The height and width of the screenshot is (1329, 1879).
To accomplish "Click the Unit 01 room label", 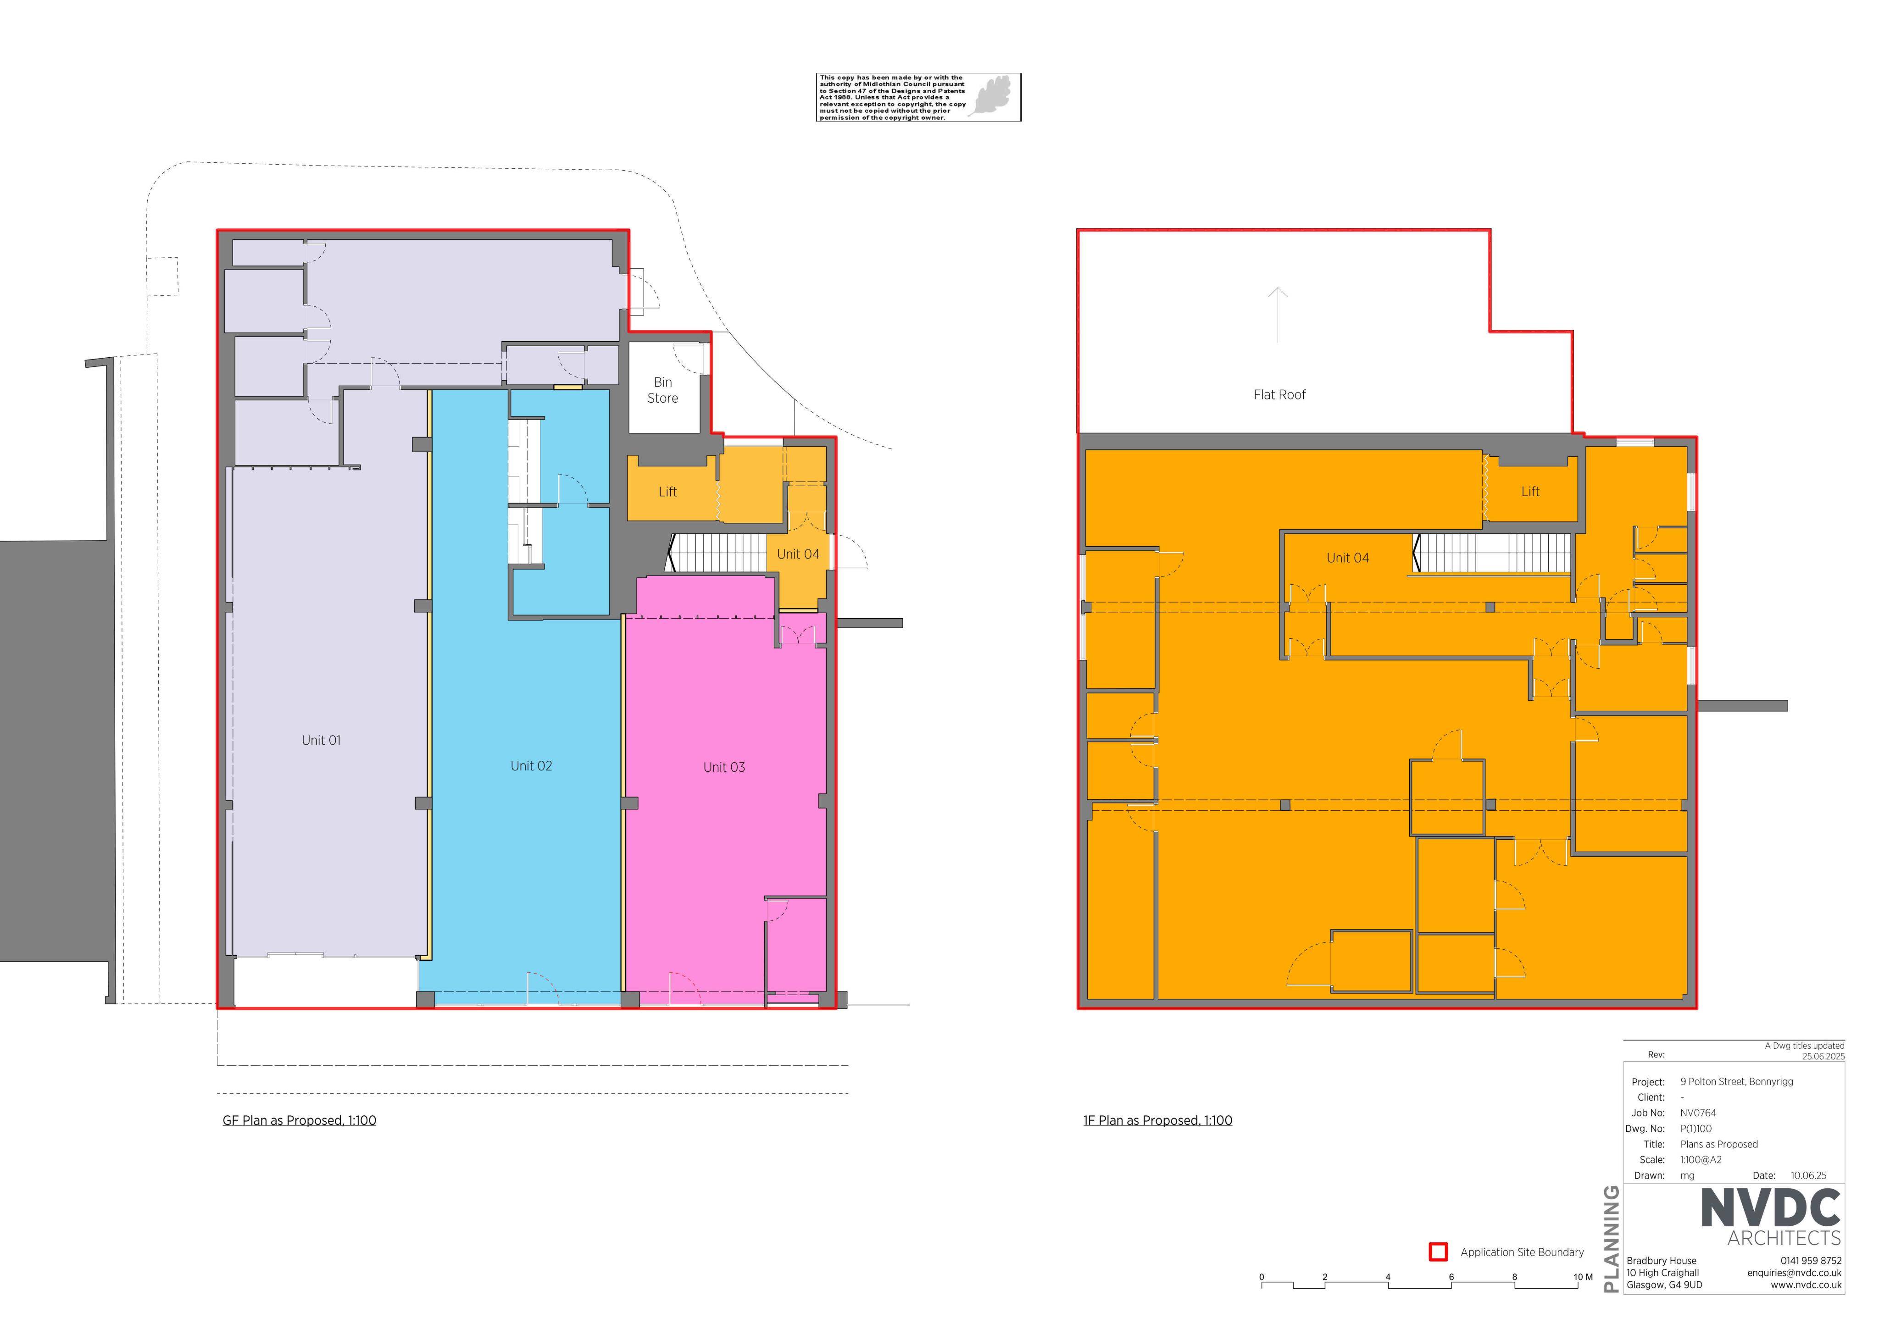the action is coord(321,741).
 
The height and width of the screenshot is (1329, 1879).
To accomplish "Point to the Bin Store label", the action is coord(663,390).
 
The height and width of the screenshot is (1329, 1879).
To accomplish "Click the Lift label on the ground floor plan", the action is coord(668,492).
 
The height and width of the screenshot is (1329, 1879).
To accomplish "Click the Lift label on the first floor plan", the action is coord(1530,492).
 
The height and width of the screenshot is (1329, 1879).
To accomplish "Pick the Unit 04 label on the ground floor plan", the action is coord(798,554).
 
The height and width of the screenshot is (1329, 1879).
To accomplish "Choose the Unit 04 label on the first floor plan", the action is coord(1348,558).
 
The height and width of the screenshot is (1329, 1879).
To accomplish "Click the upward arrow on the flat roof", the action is coord(1278,315).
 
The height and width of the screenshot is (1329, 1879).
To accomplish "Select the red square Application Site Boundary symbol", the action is coord(1438,1252).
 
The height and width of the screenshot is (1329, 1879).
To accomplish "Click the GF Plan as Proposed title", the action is coord(300,1120).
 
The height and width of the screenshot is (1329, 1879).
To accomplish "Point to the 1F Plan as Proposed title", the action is coord(1157,1120).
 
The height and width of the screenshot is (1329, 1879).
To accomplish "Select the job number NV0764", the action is coord(1698,1113).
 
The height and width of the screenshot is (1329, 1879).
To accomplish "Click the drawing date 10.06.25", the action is coord(1809,1176).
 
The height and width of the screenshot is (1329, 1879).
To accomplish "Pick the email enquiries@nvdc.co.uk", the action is coord(1794,1274).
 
